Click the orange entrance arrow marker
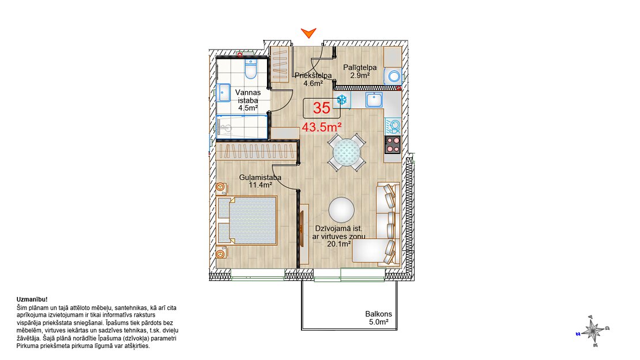tap(308, 33)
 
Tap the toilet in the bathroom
tap(251, 69)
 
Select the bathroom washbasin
tap(223, 93)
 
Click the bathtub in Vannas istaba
tap(242, 127)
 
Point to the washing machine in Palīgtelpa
tap(393, 76)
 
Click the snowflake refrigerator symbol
tap(342, 99)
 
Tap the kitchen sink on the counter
tap(374, 100)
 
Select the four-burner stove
tap(393, 145)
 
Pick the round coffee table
tap(342, 210)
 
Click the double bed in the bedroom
tap(247, 220)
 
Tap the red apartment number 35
tap(322, 108)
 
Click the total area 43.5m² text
tap(322, 127)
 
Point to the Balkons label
tap(378, 314)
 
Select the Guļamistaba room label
tap(260, 177)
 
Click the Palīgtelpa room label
tap(360, 67)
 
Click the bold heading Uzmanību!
tap(32, 299)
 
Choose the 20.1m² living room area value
tap(339, 244)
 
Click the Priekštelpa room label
tap(313, 75)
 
